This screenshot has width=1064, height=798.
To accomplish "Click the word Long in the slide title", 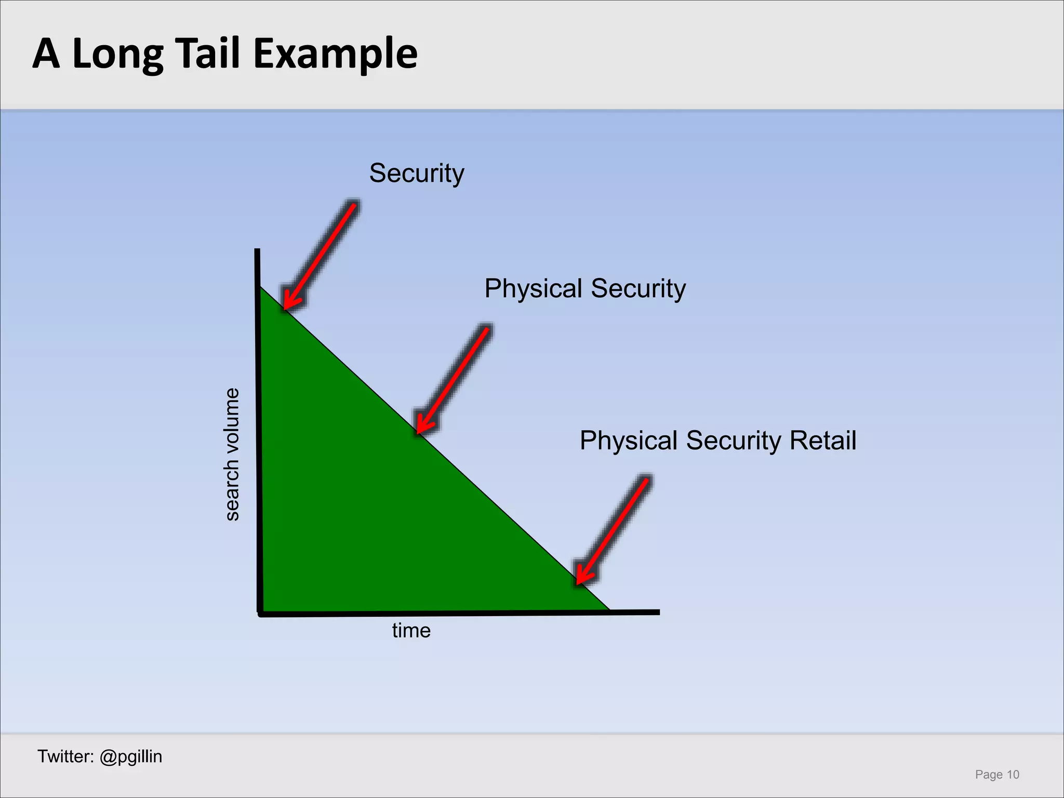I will point(118,54).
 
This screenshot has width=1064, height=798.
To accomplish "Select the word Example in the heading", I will point(336,54).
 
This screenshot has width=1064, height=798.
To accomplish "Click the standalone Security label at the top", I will point(417,174).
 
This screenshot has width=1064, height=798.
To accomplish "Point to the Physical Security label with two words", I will point(585,289).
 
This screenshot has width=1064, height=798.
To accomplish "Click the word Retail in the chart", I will point(823,441).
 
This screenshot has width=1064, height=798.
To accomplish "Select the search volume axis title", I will point(232,454).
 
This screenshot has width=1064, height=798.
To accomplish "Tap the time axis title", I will point(411,631).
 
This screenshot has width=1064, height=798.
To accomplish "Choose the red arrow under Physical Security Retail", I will point(613,530).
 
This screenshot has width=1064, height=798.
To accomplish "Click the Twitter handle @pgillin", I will point(130,756).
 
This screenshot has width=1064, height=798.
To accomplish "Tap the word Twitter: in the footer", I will point(65,756).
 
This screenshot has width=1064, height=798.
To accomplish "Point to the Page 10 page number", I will point(997,775).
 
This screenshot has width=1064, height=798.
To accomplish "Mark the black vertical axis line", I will point(258,431).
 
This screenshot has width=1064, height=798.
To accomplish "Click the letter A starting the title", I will point(46,54).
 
